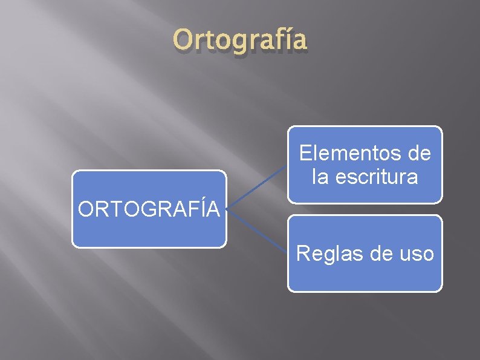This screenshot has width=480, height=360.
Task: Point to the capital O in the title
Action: tap(181, 41)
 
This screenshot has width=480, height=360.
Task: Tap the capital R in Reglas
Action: tap(302, 254)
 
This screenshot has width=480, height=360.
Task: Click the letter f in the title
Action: tap(265, 40)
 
